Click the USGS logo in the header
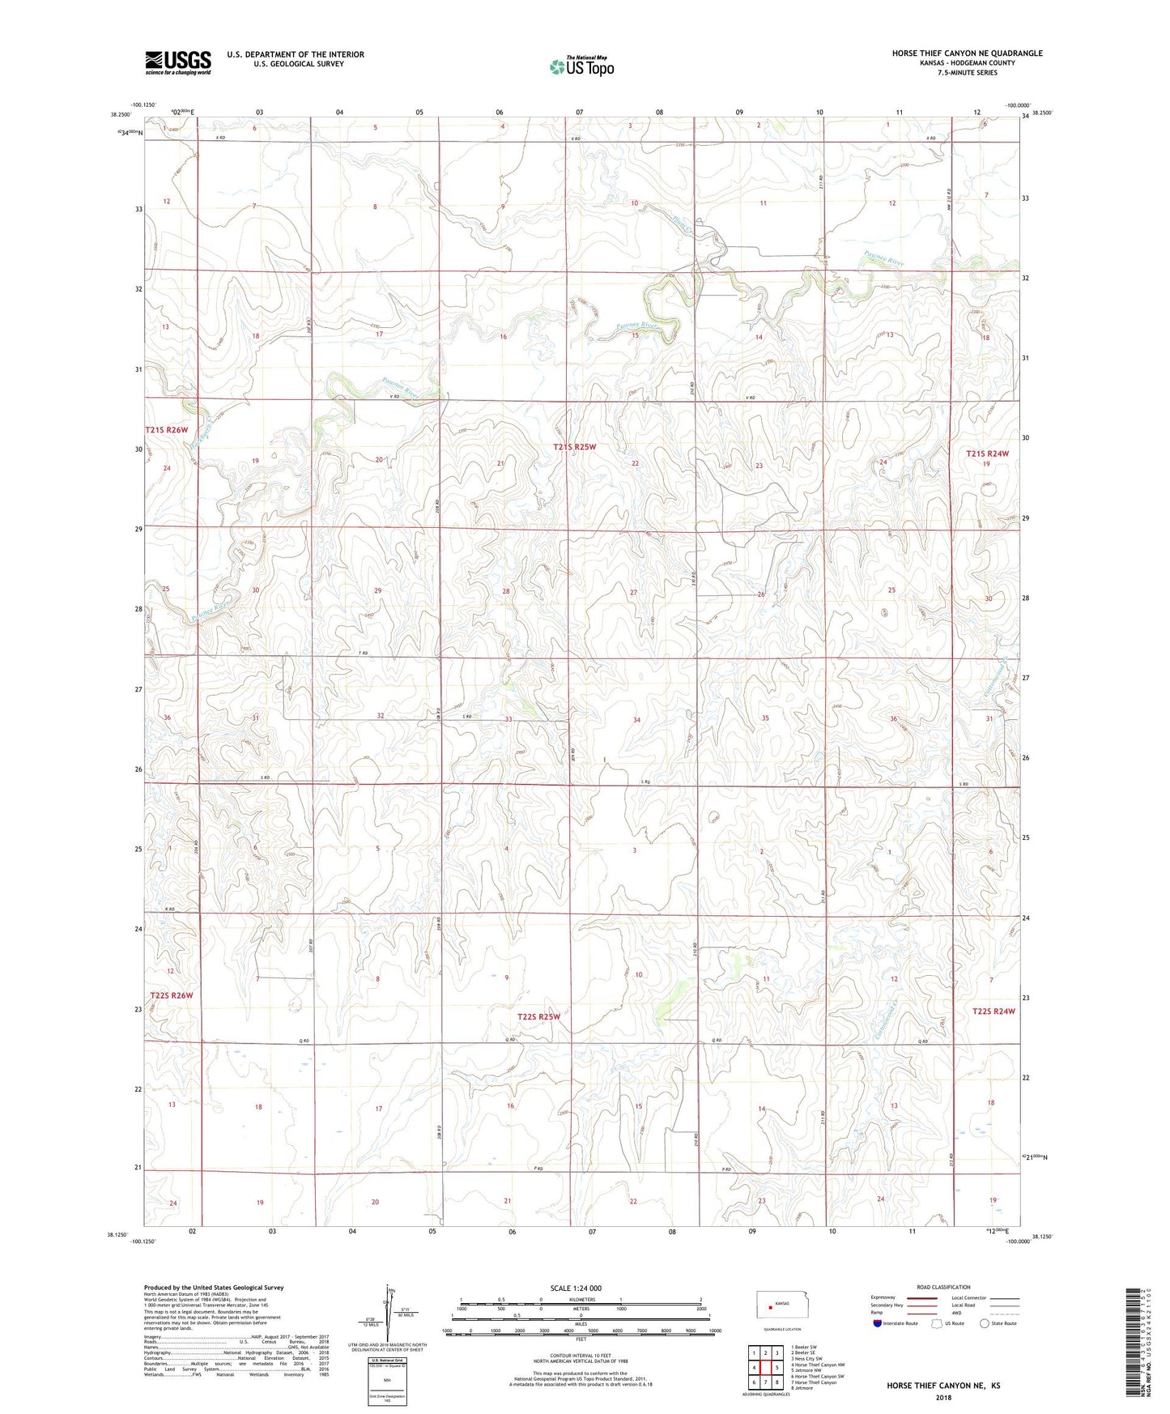(177, 62)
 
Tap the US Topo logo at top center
(581, 66)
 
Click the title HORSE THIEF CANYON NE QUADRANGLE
(967, 53)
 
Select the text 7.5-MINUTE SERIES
(967, 73)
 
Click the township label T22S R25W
(538, 1016)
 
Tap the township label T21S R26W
(166, 430)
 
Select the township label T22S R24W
(993, 1011)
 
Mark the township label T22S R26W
(171, 995)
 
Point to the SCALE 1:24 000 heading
(576, 1288)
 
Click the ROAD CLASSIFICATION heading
(943, 1287)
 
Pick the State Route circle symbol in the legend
(984, 1323)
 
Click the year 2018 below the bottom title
(942, 1397)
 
